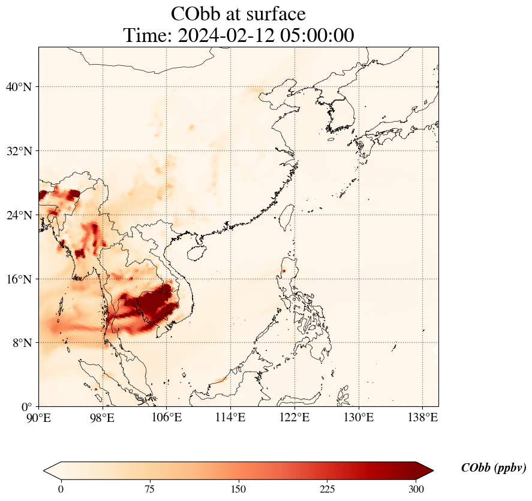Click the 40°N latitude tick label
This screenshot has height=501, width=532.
pos(19,87)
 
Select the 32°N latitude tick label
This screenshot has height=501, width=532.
pos(19,151)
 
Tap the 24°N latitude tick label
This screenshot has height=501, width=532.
pos(19,215)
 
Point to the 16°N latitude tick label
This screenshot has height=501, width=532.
pos(19,279)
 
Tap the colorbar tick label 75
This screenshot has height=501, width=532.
pos(150,489)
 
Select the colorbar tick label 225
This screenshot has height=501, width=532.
pos(327,489)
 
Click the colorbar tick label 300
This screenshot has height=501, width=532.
pos(416,489)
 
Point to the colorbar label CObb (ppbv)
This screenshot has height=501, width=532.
pos(494,468)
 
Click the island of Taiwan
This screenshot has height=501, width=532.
pos(287,217)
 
